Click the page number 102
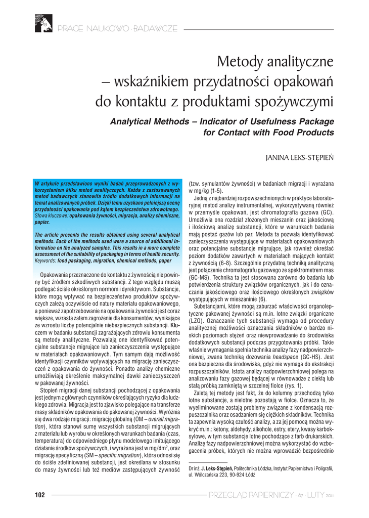(x=40, y=494)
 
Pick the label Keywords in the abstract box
(x=45, y=261)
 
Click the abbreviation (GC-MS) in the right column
(x=197, y=278)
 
